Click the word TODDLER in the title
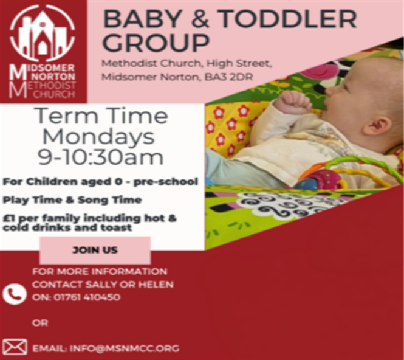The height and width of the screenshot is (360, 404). click(x=288, y=19)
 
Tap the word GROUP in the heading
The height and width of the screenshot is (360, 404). click(x=156, y=43)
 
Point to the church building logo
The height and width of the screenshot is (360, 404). click(x=43, y=33)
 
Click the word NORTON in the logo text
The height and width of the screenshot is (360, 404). click(x=54, y=77)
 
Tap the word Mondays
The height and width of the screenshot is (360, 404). click(x=98, y=137)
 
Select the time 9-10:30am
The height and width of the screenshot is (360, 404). click(x=101, y=157)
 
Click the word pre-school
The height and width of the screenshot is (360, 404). click(x=166, y=182)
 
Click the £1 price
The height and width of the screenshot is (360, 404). click(x=9, y=218)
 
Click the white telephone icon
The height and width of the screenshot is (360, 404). click(x=15, y=294)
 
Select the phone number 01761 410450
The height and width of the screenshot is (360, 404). click(x=87, y=297)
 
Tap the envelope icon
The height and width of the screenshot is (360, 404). click(x=15, y=347)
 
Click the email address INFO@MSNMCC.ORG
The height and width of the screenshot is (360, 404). click(x=125, y=348)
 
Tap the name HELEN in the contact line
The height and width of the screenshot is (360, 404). click(x=156, y=285)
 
